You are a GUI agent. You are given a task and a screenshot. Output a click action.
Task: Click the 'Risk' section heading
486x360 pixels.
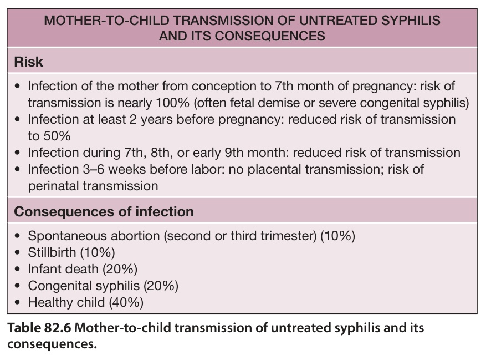coord(28,62)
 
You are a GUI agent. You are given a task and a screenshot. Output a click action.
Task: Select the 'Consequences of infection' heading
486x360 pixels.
coord(104,212)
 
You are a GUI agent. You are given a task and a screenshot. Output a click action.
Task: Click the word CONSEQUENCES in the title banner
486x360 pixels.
coord(270,36)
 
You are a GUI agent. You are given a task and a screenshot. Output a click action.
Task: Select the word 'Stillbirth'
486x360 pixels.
coord(52,252)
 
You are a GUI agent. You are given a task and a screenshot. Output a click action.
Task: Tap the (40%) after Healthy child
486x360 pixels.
coord(126,302)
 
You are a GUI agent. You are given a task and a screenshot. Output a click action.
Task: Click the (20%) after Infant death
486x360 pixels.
coord(120,269)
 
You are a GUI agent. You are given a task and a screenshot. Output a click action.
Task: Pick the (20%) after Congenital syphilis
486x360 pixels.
coord(161,286)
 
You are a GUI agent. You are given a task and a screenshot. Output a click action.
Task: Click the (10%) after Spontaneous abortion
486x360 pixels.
coord(338,236)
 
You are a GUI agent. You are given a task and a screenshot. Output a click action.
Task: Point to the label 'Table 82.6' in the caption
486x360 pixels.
coord(39,328)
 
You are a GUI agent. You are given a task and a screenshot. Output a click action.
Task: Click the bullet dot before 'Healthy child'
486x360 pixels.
coord(17,302)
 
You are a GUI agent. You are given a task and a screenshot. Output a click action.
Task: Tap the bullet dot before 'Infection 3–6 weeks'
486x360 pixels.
coord(17,169)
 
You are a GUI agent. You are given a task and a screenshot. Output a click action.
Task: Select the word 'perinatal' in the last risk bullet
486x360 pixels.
coord(53,186)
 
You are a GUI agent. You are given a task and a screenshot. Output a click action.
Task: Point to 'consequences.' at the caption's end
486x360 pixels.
coord(52,344)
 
